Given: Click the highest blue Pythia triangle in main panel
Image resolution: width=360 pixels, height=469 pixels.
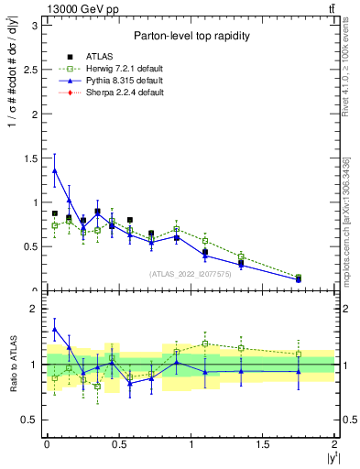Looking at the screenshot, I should coord(55,170).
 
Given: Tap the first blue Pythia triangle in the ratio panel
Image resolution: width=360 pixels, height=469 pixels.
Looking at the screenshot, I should coord(55,329).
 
